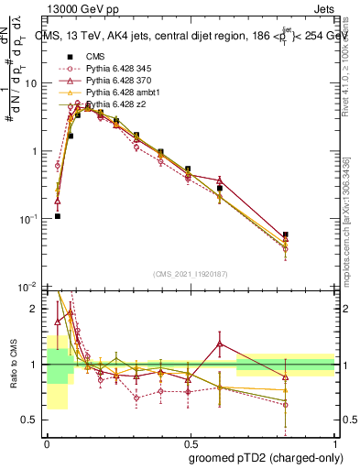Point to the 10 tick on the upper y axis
tap(31, 83)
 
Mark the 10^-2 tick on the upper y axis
tap(28, 287)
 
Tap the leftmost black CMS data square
tap(58, 216)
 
